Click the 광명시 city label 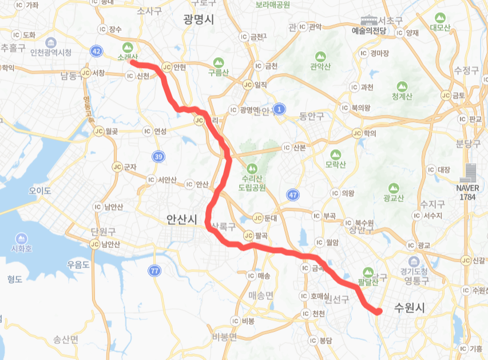pos(199,19)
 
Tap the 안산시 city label pos(181,219)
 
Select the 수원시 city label pos(410,308)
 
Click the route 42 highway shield pos(96,52)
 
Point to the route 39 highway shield pos(158,156)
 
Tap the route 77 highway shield pos(153,270)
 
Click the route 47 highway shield pos(293,195)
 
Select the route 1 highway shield pos(279,108)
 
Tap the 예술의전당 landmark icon pos(369,20)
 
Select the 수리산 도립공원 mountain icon pos(252,169)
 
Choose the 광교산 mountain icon pos(394,188)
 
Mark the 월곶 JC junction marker pos(98,131)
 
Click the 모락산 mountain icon pos(335,155)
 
